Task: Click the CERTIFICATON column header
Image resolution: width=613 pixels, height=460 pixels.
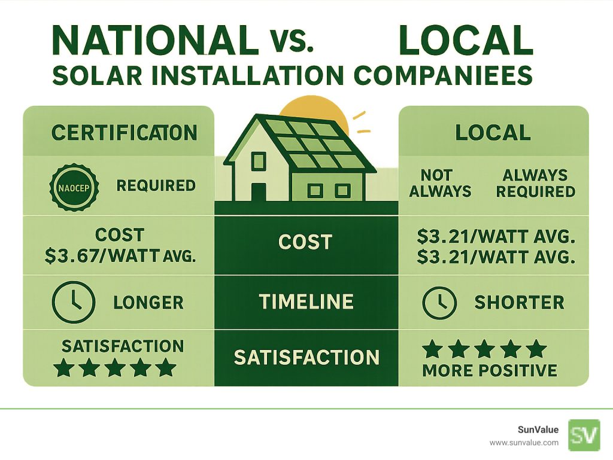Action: pyautogui.click(x=124, y=133)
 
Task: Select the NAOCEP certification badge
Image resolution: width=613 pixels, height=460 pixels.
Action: pyautogui.click(x=72, y=185)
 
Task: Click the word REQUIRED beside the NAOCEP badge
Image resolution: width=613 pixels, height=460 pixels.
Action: pyautogui.click(x=156, y=185)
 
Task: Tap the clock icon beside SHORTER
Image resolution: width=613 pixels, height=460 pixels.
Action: pyautogui.click(x=440, y=303)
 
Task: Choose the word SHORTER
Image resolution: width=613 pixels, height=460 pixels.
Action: pyautogui.click(x=519, y=303)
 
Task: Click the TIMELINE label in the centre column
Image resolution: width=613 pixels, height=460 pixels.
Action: pyautogui.click(x=306, y=301)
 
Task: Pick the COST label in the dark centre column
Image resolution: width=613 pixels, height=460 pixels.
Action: pyautogui.click(x=305, y=242)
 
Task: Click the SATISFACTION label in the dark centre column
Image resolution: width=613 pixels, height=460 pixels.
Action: pyautogui.click(x=306, y=358)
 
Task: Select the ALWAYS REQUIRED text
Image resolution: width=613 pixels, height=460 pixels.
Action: pyautogui.click(x=535, y=184)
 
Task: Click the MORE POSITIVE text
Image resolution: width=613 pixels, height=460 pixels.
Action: pyautogui.click(x=490, y=371)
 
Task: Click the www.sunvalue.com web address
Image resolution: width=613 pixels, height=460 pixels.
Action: pyautogui.click(x=524, y=443)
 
